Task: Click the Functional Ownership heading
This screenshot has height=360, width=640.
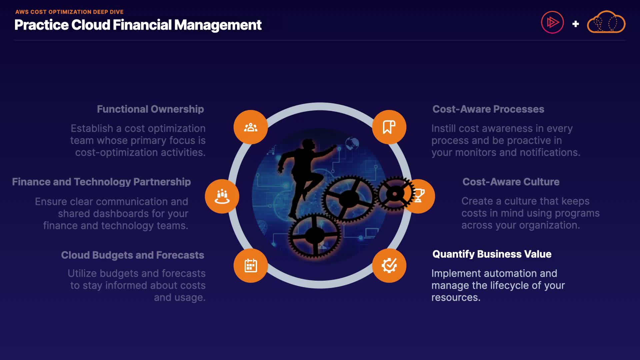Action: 150,109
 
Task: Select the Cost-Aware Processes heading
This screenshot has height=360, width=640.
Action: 488,109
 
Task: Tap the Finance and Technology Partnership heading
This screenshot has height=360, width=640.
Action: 101,182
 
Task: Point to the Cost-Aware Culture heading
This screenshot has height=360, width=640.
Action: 511,182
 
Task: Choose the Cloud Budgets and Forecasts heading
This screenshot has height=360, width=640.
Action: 132,255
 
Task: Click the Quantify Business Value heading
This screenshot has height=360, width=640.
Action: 492,254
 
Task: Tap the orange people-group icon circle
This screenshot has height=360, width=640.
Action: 251,127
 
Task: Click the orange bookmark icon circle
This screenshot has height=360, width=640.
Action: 389,127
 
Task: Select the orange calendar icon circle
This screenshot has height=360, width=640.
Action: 251,266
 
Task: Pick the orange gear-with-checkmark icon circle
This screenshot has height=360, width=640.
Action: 389,266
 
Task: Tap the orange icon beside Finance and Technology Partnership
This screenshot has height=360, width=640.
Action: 222,196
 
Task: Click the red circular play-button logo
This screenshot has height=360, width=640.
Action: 552,23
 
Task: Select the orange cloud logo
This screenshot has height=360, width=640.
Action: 606,23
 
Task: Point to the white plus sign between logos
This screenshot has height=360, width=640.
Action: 575,24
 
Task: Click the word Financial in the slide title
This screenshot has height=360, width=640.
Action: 142,25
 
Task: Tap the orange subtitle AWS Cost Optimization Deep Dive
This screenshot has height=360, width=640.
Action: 69,12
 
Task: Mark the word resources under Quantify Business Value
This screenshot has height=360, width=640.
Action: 455,297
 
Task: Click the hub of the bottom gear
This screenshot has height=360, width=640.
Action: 314,235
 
